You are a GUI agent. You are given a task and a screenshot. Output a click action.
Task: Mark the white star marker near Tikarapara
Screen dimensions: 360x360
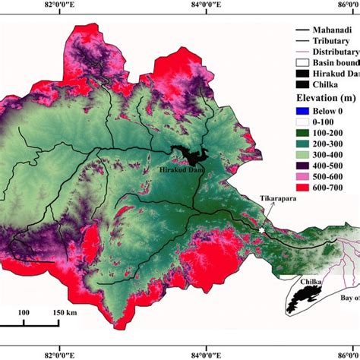pyautogui.click(x=262, y=230)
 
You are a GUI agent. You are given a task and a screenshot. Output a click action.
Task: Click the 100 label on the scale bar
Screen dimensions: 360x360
pyautogui.click(x=24, y=312)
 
